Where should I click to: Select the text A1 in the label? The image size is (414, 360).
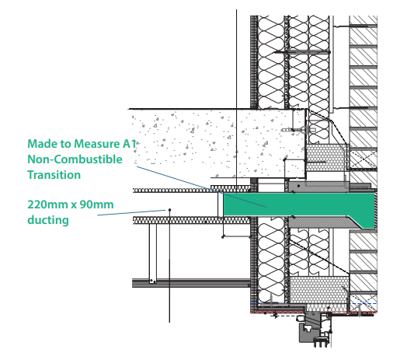point(130,144)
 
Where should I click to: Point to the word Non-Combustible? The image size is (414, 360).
point(75,159)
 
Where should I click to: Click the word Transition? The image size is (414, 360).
point(54,175)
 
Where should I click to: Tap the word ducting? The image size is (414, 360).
point(48,220)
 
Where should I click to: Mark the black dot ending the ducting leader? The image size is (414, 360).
point(170,210)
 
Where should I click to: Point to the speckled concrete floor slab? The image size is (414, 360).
point(217,143)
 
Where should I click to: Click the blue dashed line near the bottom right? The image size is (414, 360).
point(362,304)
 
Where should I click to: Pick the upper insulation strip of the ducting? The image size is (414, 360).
point(191,190)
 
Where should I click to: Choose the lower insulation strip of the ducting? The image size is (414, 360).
point(191,220)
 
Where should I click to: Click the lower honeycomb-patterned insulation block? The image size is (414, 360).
point(319,293)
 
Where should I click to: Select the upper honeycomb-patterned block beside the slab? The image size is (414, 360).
point(327,157)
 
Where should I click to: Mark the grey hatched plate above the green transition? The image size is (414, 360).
point(318,187)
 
